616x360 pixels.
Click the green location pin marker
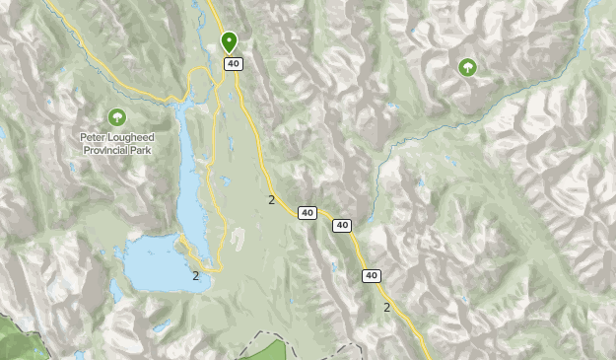pyautogui.click(x=229, y=41)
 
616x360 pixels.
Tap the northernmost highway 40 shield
pyautogui.click(x=233, y=64)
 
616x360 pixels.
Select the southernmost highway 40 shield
pyautogui.click(x=371, y=275)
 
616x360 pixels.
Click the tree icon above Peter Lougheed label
pyautogui.click(x=117, y=117)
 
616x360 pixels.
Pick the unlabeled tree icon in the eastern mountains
pyautogui.click(x=467, y=67)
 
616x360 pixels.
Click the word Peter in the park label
pyautogui.click(x=96, y=139)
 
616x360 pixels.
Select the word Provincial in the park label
pyautogui.click(x=105, y=151)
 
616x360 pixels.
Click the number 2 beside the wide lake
pyautogui.click(x=196, y=276)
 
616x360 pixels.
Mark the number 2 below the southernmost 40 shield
pyautogui.click(x=386, y=308)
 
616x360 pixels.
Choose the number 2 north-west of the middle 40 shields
pyautogui.click(x=271, y=200)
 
